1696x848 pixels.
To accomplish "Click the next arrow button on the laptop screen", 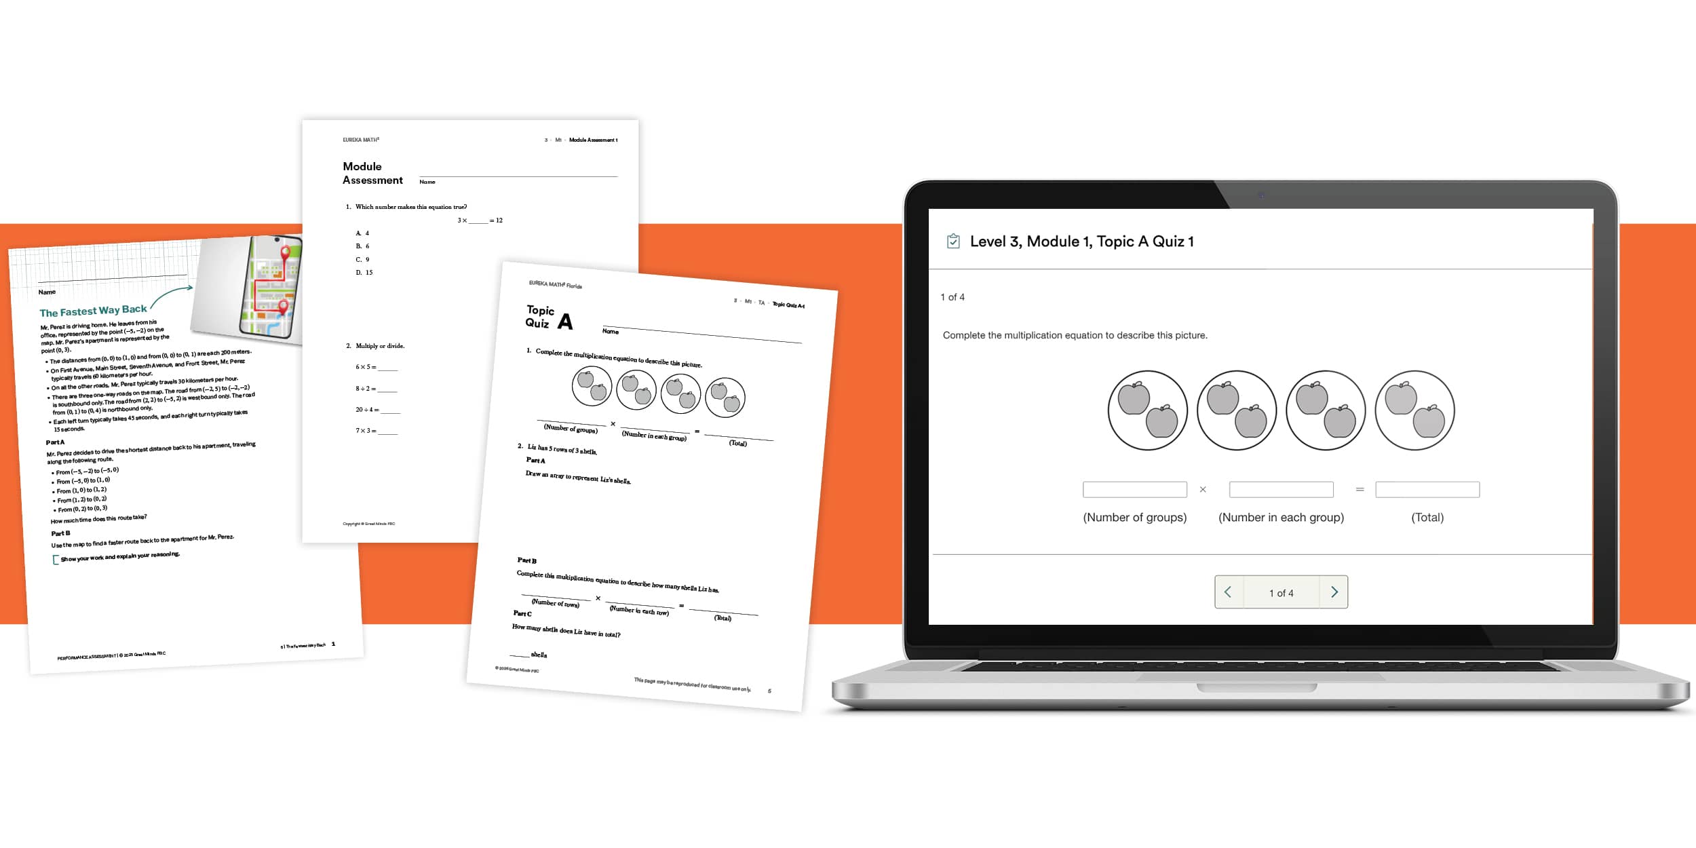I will pyautogui.click(x=1334, y=592).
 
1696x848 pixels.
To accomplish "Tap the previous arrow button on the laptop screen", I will pyautogui.click(x=1228, y=592).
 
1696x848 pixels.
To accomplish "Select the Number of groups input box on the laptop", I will pyautogui.click(x=1134, y=489).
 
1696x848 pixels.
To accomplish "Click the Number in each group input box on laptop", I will pyautogui.click(x=1281, y=489).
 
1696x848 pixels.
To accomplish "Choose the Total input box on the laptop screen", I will pyautogui.click(x=1427, y=489).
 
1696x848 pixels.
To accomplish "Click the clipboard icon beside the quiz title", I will pyautogui.click(x=953, y=242).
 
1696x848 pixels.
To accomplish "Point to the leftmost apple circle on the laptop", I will pyautogui.click(x=1147, y=410).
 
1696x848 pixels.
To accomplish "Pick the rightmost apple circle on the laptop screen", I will pyautogui.click(x=1414, y=410).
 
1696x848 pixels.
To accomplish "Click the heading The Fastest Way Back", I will pyautogui.click(x=93, y=311).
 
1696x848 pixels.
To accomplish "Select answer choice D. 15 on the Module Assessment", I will pyautogui.click(x=364, y=273).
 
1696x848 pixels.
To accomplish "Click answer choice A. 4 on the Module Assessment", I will pyautogui.click(x=363, y=233).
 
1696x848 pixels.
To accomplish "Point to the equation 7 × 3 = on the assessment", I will pyautogui.click(x=366, y=431).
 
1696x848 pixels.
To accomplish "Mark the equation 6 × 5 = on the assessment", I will pyautogui.click(x=366, y=367).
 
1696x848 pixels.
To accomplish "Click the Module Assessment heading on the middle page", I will pyautogui.click(x=372, y=173).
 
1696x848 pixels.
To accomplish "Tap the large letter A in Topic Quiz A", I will pyautogui.click(x=565, y=322).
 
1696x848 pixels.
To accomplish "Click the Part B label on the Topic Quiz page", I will pyautogui.click(x=526, y=560).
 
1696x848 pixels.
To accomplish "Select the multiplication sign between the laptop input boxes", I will pyautogui.click(x=1203, y=489).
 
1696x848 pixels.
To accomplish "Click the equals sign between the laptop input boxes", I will pyautogui.click(x=1360, y=489).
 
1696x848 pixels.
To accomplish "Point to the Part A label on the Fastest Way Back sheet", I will pyautogui.click(x=55, y=442).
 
